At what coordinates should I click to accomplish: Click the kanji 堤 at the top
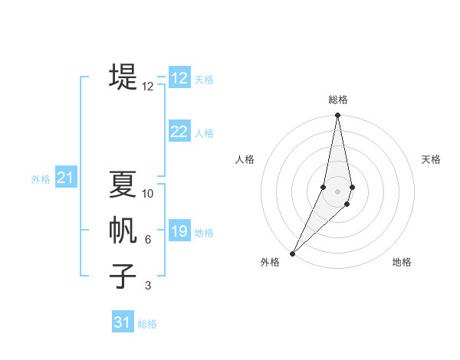[123, 77]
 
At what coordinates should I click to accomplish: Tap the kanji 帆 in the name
[123, 231]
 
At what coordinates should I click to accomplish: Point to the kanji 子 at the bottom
[123, 277]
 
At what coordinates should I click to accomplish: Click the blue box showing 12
[179, 78]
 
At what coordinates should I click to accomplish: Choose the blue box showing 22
[179, 132]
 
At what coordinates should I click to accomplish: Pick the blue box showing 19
[179, 231]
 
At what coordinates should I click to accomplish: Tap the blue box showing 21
[65, 178]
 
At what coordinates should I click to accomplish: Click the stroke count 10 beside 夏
[148, 194]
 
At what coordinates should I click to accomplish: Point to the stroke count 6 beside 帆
[148, 240]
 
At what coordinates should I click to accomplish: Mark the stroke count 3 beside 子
[148, 286]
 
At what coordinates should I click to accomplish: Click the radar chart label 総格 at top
[337, 100]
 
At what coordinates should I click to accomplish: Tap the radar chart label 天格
[432, 159]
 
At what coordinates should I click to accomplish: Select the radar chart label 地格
[402, 262]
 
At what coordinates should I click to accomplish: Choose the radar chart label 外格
[269, 262]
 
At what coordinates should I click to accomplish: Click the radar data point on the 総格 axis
[337, 116]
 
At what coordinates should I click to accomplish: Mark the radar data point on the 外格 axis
[293, 253]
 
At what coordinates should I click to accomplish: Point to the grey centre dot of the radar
[337, 191]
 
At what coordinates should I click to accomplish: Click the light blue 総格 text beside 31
[147, 324]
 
